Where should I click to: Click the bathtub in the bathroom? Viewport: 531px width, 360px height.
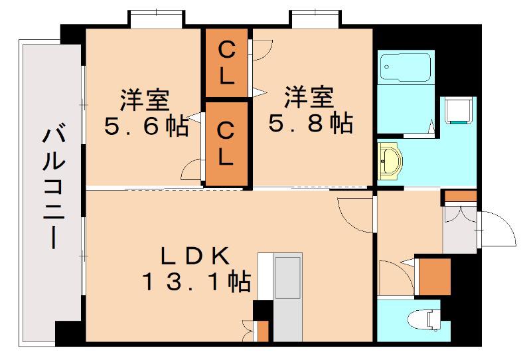click(406, 68)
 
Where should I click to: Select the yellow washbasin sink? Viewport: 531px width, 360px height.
click(390, 161)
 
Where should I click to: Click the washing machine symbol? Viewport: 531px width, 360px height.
click(458, 110)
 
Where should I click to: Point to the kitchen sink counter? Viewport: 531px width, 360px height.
click(287, 297)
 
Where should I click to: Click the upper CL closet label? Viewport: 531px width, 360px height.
click(226, 64)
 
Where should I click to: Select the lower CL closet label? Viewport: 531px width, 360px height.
click(226, 144)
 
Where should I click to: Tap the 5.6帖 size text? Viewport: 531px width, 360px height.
click(146, 126)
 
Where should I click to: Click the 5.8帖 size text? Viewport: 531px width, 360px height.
click(311, 123)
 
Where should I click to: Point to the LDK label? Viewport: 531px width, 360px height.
click(195, 256)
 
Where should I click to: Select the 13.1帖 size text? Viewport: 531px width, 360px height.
click(196, 282)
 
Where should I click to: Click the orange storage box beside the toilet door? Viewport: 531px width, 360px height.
click(435, 276)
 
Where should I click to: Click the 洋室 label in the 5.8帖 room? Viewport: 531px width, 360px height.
click(309, 97)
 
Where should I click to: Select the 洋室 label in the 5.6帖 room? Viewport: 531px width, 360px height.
click(145, 100)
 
